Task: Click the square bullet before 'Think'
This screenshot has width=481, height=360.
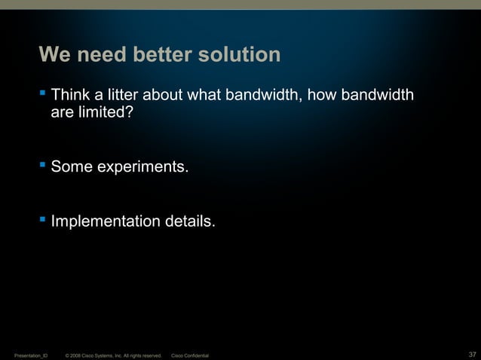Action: pos(44,95)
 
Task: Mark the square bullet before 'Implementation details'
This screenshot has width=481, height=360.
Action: pos(44,220)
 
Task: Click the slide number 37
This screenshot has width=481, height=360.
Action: pos(472,354)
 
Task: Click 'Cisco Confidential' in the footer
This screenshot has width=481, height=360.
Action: pos(191,355)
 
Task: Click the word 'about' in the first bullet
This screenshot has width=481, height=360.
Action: pos(166,96)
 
